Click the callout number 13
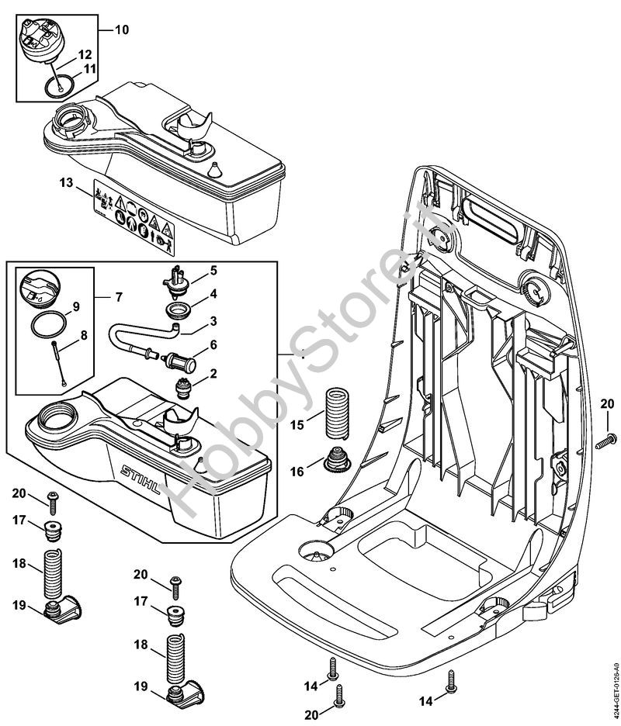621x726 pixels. [x=65, y=183]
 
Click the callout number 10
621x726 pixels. [x=121, y=30]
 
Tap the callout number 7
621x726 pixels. [x=119, y=297]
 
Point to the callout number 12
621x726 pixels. [x=85, y=54]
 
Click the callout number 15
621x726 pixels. [x=297, y=426]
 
